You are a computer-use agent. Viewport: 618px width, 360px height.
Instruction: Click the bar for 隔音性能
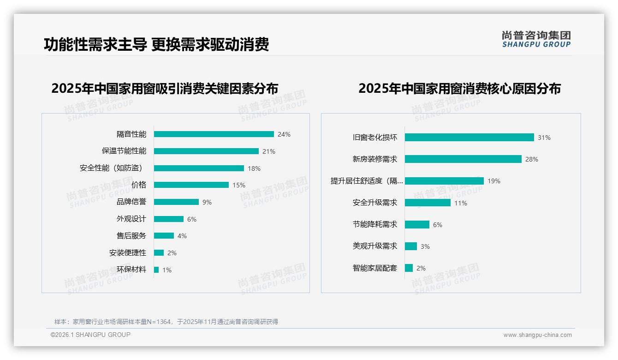pyautogui.click(x=214, y=134)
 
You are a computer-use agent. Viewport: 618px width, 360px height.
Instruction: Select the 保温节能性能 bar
pyautogui.click(x=206, y=151)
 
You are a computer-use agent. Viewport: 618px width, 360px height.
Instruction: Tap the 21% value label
pyautogui.click(x=269, y=151)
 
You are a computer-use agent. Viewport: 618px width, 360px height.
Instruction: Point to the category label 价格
pyautogui.click(x=139, y=185)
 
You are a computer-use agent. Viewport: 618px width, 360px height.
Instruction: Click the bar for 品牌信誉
pyautogui.click(x=176, y=202)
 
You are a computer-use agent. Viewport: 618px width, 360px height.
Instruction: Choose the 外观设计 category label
pyautogui.click(x=131, y=219)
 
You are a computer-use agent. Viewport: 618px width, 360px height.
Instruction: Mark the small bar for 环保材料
pyautogui.click(x=156, y=270)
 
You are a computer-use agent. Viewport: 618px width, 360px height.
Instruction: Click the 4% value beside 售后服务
pyautogui.click(x=182, y=236)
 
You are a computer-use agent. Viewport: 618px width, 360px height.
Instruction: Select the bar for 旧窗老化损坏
pyautogui.click(x=469, y=138)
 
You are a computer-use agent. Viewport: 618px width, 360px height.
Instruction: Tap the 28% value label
pyautogui.click(x=532, y=159)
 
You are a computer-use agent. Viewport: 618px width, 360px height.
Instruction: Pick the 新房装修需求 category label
pyautogui.click(x=375, y=159)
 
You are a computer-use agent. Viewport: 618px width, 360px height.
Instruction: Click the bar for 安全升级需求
pyautogui.click(x=428, y=203)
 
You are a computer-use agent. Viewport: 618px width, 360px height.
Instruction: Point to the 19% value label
pyautogui.click(x=494, y=181)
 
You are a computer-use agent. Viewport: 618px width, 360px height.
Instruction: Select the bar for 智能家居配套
pyautogui.click(x=409, y=268)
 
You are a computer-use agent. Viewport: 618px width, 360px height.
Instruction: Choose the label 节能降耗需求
pyautogui.click(x=375, y=225)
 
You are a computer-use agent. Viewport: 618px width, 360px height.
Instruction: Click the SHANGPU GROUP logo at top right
pyautogui.click(x=536, y=39)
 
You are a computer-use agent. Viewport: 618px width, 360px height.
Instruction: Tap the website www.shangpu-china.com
pyautogui.click(x=537, y=335)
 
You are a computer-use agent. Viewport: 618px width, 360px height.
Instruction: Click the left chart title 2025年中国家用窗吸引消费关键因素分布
pyautogui.click(x=165, y=89)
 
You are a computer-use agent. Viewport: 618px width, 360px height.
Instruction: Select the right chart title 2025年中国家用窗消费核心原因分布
pyautogui.click(x=459, y=89)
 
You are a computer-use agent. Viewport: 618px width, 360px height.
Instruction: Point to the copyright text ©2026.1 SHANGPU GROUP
pyautogui.click(x=90, y=335)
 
